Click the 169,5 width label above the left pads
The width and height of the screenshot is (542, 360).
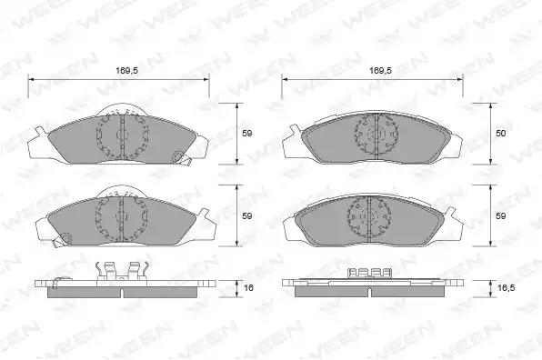tap(126, 71)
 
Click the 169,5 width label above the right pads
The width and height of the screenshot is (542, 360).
tap(380, 71)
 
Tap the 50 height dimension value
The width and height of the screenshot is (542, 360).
tap(500, 133)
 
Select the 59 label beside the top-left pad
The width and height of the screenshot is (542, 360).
tap(246, 133)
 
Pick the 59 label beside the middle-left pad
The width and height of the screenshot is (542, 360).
tap(246, 216)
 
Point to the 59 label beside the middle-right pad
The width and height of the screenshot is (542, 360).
tap(500, 216)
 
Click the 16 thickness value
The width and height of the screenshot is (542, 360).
tap(248, 287)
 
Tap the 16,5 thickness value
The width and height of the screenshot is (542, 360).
tap(505, 287)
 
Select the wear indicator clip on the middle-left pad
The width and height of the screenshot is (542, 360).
tap(62, 239)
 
